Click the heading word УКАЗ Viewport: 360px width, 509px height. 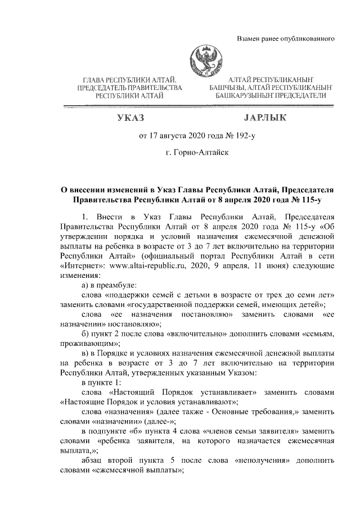[x=130, y=118]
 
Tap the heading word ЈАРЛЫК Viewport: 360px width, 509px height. [x=265, y=118]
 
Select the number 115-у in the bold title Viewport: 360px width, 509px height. [x=309, y=199]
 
